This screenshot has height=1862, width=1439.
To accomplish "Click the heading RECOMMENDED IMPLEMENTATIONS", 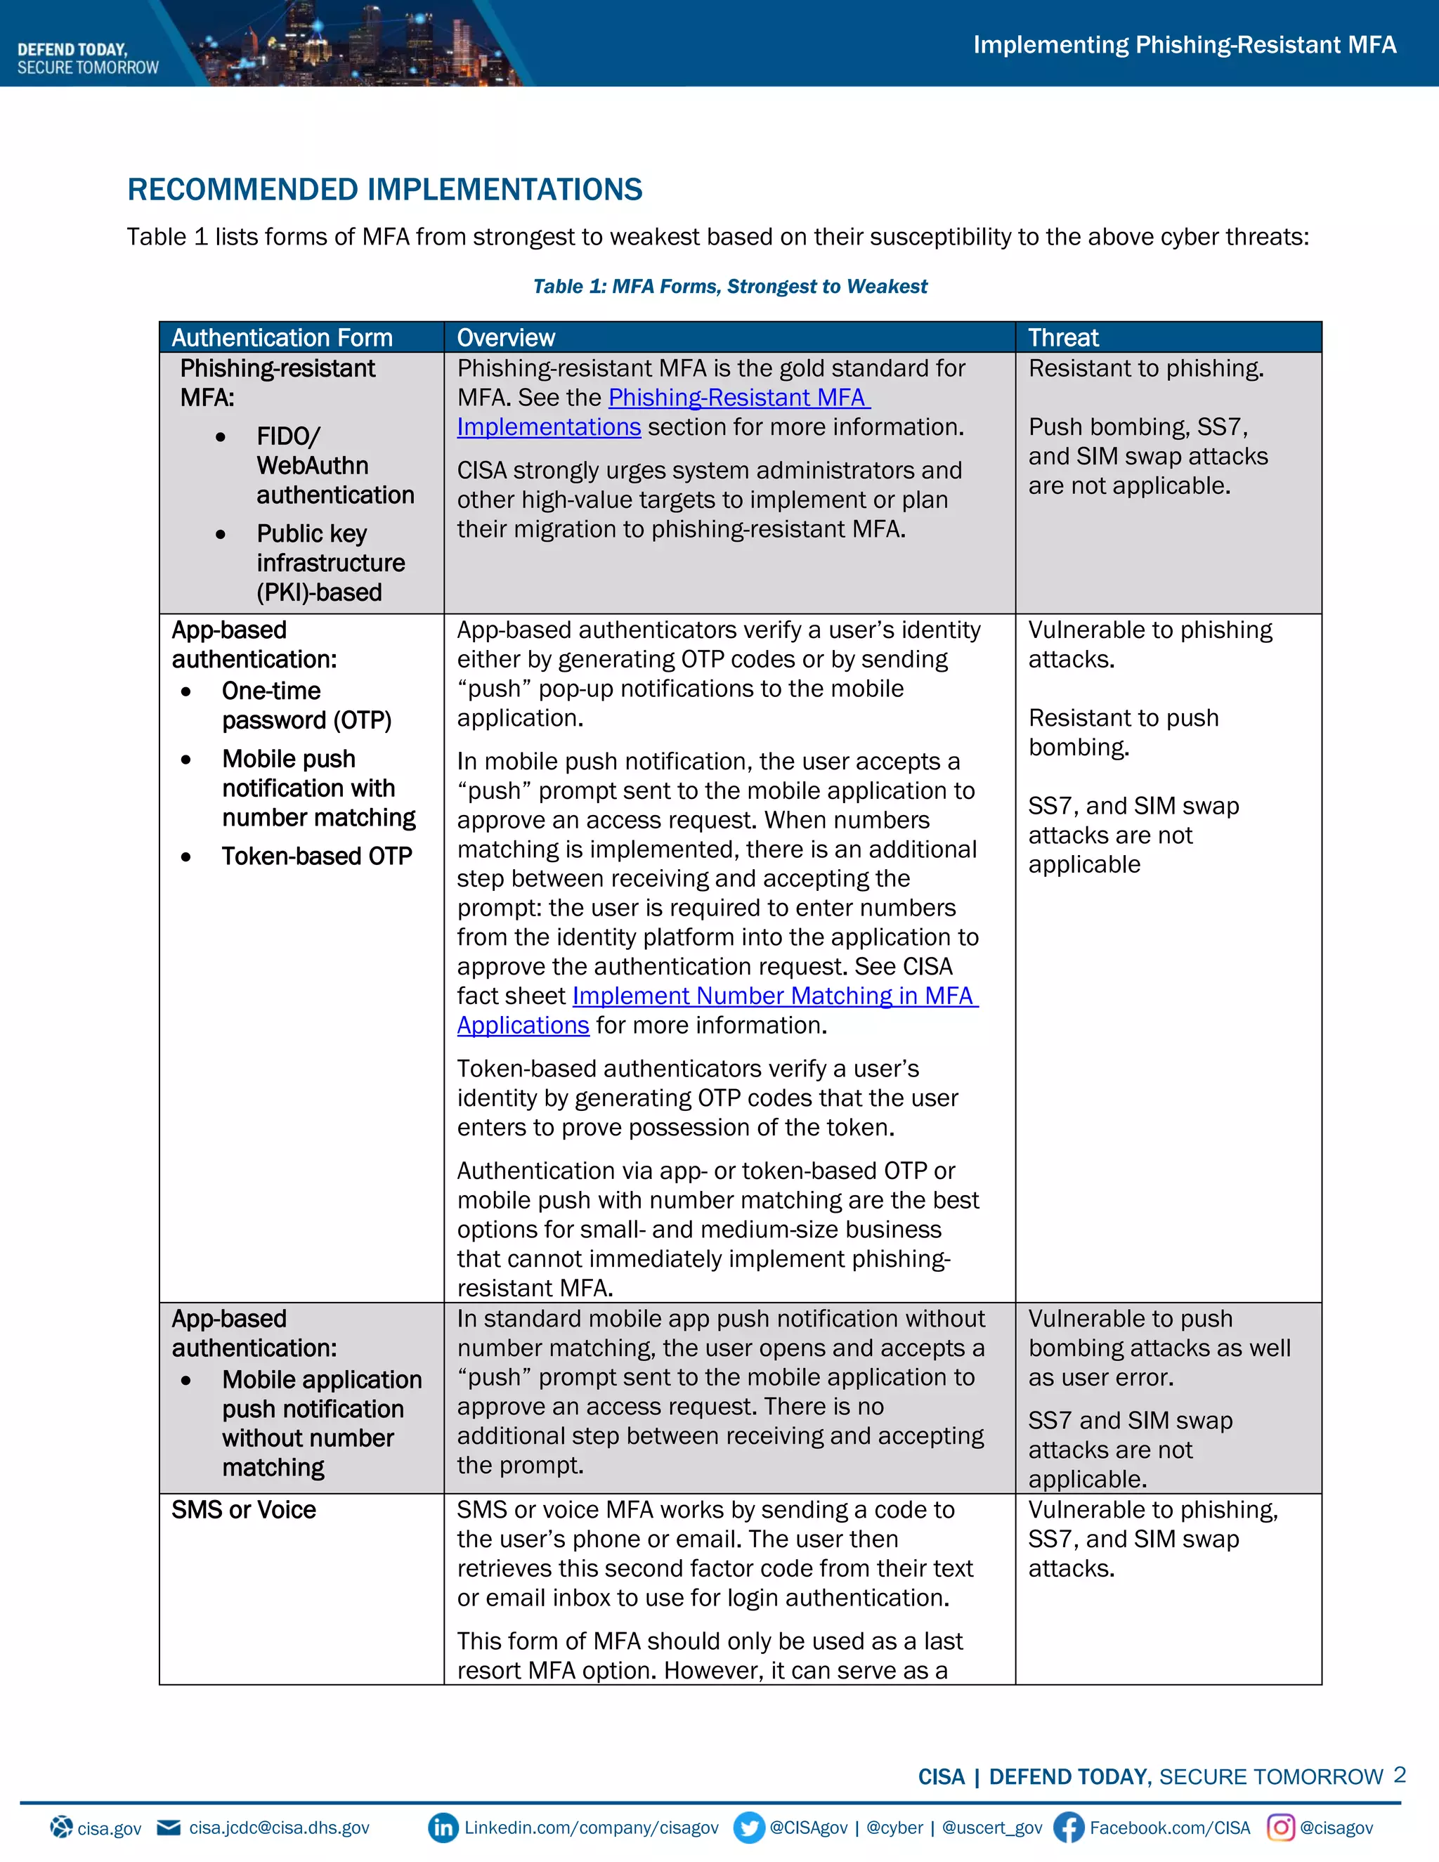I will point(384,189).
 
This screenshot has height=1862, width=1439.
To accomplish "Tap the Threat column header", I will point(1063,337).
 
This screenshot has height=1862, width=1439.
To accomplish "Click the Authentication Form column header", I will point(282,337).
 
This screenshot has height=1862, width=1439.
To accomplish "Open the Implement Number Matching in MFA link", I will point(774,996).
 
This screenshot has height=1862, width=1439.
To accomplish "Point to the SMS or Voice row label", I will point(244,1510).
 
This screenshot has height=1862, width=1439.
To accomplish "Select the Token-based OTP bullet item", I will point(316,856).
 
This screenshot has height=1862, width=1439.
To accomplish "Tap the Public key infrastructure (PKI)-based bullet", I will point(330,563).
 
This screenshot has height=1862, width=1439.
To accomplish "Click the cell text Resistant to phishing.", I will point(1146,368).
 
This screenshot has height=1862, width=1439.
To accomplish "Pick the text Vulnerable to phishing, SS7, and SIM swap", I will point(1152,1539).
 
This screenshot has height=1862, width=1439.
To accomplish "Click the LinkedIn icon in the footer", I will point(443,1827).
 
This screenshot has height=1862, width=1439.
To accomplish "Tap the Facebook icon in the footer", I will point(1068,1827).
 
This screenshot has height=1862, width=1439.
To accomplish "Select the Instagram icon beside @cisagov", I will point(1280,1827).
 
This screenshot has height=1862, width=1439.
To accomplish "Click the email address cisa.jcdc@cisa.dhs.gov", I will point(279,1828).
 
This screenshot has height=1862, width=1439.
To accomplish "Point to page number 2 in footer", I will point(1399,1775).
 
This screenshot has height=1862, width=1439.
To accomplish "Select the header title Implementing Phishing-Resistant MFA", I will point(1184,44).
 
